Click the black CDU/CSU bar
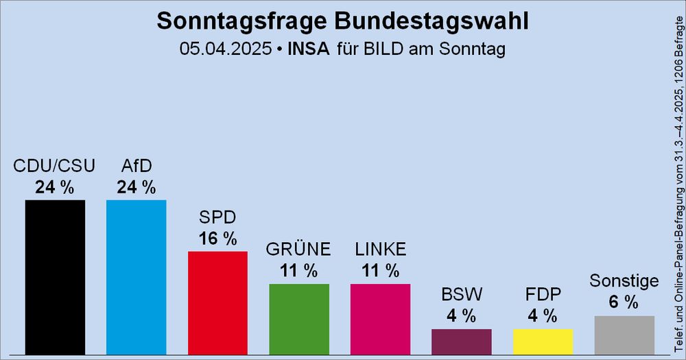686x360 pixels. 55,276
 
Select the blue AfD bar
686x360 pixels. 136,276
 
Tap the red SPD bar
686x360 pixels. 217,302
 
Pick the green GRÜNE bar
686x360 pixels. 298,319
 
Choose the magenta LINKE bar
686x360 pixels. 380,319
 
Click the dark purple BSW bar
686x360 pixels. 461,341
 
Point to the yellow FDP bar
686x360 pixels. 543,341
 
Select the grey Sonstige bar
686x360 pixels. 624,335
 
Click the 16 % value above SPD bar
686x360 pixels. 217,239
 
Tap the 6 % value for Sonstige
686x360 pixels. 624,302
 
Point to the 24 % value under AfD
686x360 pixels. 136,187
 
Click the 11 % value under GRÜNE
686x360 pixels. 298,271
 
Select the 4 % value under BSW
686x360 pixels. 461,316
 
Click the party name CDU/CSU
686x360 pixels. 55,167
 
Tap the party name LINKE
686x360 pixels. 380,249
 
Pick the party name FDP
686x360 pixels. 543,295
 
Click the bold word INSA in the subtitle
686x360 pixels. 308,49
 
